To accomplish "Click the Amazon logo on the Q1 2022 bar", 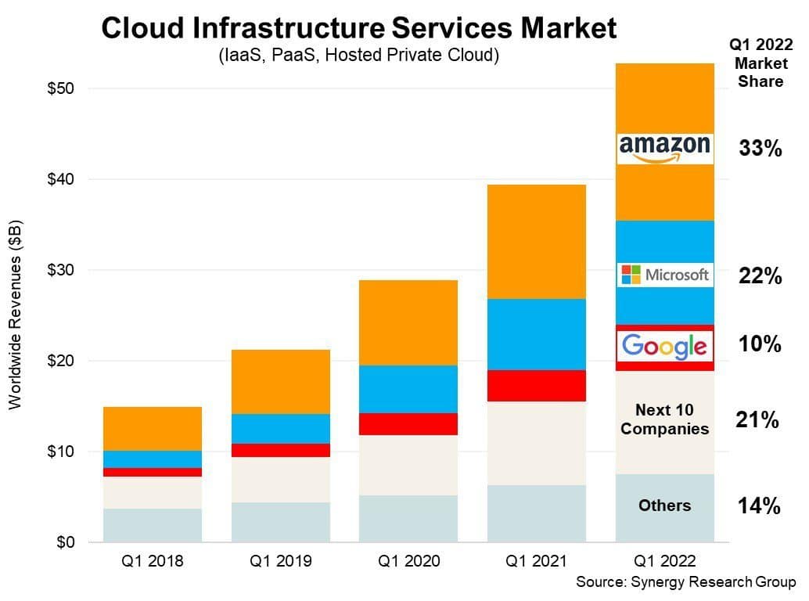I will click(x=664, y=148).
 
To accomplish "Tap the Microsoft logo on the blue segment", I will click(x=664, y=275).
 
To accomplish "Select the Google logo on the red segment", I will click(x=664, y=345).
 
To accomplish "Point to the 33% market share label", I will click(x=760, y=149).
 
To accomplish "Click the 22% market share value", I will click(x=760, y=275).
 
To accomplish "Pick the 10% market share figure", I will click(x=760, y=344).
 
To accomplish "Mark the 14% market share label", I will click(x=759, y=506).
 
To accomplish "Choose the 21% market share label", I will click(x=757, y=420).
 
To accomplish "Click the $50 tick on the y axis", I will click(x=60, y=88).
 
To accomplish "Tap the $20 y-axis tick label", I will click(x=60, y=361).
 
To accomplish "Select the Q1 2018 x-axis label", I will click(x=152, y=561).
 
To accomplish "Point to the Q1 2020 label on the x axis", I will click(x=408, y=561).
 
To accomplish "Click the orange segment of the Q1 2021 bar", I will click(x=537, y=242).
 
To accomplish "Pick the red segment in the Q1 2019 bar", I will click(x=280, y=450).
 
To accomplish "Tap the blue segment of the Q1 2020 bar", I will click(x=408, y=389).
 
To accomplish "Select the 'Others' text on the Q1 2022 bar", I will click(x=664, y=506).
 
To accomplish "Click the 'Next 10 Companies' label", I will click(x=664, y=419).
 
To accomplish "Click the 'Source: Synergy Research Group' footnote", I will click(x=685, y=582).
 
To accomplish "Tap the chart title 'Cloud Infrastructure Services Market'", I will click(x=359, y=29).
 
